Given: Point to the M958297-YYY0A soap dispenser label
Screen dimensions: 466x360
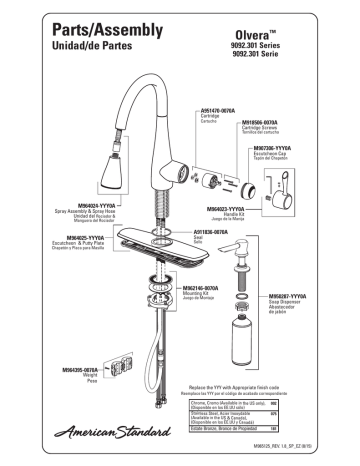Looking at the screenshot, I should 294,297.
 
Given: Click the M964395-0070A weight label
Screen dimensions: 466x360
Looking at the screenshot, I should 48,369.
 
